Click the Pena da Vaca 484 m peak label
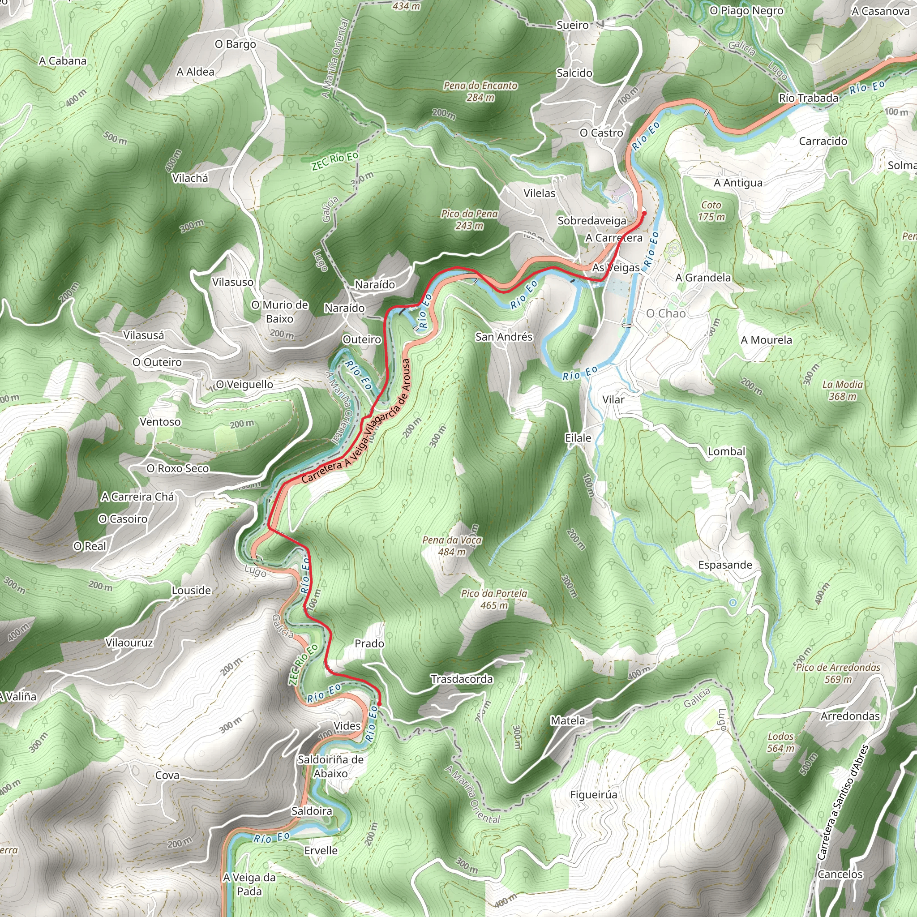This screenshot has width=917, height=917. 452,546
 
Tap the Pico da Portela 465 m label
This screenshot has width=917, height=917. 494,599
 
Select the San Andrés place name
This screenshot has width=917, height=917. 504,337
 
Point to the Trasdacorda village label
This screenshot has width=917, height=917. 461,679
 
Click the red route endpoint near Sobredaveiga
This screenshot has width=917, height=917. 644,213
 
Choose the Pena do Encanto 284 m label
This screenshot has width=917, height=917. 480,91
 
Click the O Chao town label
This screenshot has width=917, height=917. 665,313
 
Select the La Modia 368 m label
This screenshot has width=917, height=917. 843,390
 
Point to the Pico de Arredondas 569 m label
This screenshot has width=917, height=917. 838,673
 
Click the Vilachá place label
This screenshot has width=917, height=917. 190,178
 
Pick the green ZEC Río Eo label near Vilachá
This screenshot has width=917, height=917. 334,161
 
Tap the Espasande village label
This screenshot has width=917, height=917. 725,565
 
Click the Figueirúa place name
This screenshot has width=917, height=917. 594,795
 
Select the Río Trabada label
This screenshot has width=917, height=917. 808,98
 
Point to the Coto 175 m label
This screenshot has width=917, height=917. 711,211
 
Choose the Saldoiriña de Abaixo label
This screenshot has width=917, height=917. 330,766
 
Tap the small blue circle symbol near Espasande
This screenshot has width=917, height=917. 733,603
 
